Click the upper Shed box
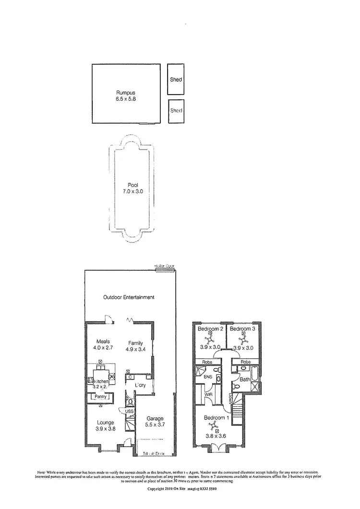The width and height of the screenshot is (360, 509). (176, 79)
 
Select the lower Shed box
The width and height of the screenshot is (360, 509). (176, 110)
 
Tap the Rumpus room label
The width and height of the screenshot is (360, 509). (125, 93)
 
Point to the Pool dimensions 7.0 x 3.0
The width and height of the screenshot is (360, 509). (133, 191)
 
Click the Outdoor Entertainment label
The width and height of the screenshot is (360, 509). (129, 297)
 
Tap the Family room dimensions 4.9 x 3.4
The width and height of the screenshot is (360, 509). (136, 349)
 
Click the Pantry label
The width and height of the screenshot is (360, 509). (100, 397)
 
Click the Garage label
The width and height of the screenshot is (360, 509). (155, 418)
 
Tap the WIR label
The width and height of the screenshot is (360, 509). (209, 394)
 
